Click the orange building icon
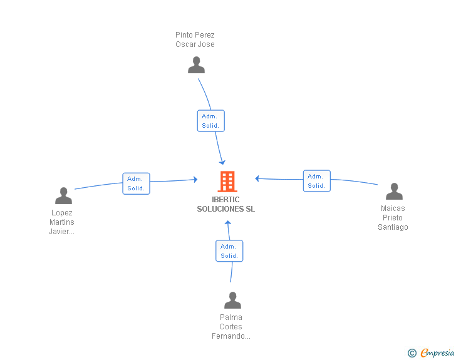(x=227, y=182)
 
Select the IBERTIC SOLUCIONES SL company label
(x=225, y=204)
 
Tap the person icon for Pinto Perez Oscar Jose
(x=196, y=65)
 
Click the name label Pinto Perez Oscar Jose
(x=195, y=39)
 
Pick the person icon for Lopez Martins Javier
(x=63, y=195)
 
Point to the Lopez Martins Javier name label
(x=61, y=222)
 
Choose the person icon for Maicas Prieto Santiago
(x=394, y=191)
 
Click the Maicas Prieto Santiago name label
(x=393, y=217)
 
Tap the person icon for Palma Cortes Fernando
(x=232, y=300)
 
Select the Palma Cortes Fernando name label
(x=231, y=327)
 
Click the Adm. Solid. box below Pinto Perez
(x=211, y=121)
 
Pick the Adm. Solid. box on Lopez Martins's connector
(x=136, y=183)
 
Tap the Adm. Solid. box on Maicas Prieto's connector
(x=317, y=181)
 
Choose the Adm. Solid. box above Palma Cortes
(x=229, y=251)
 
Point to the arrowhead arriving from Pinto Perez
(x=222, y=162)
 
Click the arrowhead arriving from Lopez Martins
(x=195, y=180)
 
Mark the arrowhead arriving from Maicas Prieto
(x=257, y=178)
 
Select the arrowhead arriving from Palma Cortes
(x=228, y=222)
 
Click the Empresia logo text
(x=437, y=352)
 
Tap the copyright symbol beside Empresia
(x=412, y=353)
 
